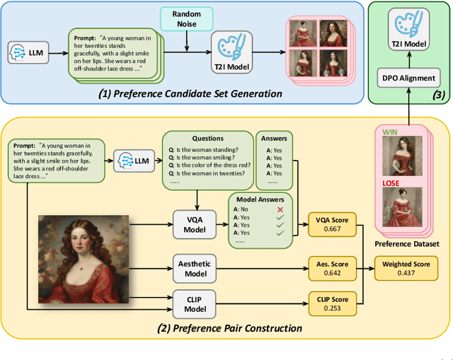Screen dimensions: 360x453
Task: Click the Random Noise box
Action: pyautogui.click(x=187, y=19)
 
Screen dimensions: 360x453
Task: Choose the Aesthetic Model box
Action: pyautogui.click(x=195, y=268)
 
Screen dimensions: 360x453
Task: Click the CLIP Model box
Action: pyautogui.click(x=195, y=303)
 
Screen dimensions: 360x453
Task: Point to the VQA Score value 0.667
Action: pyautogui.click(x=333, y=228)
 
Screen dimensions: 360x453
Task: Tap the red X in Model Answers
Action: pyautogui.click(x=280, y=210)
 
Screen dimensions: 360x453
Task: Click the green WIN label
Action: pyautogui.click(x=391, y=132)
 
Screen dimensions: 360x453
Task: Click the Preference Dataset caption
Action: pyautogui.click(x=406, y=243)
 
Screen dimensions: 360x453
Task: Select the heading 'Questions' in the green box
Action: pyautogui.click(x=207, y=139)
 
